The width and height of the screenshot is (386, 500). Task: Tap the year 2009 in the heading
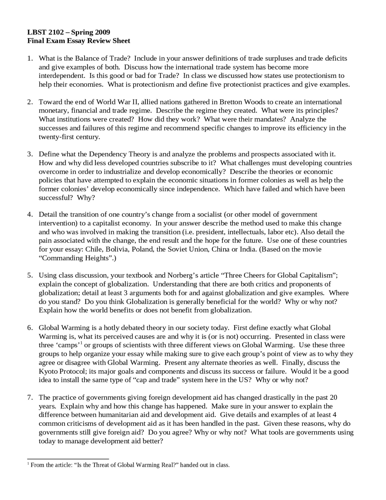[x=103, y=32]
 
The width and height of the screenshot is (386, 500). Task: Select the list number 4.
[x=30, y=215]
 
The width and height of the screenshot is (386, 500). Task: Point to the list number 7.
[x=30, y=398]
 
